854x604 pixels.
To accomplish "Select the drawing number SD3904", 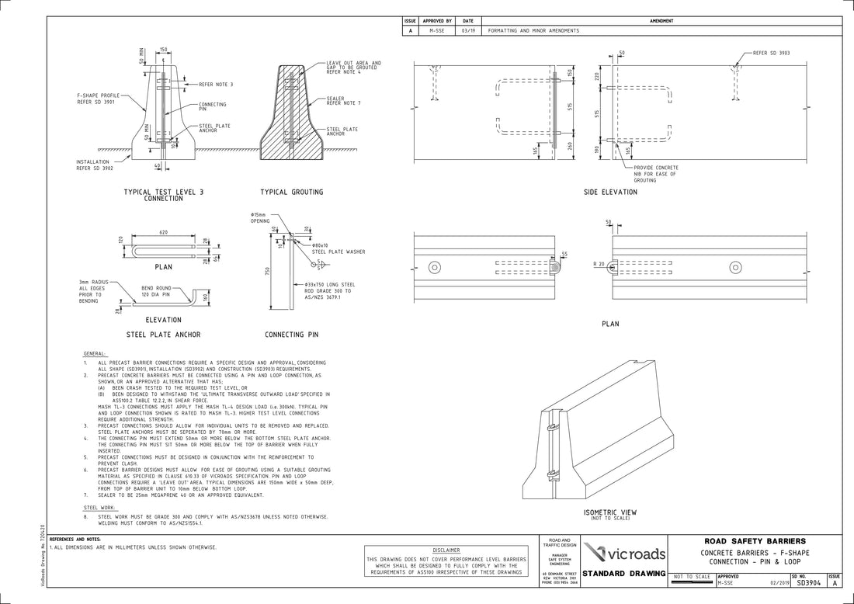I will pos(808,581).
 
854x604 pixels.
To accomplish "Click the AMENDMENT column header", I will pos(661,21).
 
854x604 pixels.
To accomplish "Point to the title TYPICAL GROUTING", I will pos(291,192).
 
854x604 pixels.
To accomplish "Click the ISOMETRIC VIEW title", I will pos(609,512).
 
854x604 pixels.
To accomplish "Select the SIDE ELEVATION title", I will pos(610,192).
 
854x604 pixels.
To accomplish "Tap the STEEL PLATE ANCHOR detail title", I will pos(163,335).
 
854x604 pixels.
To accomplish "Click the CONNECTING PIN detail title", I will pos(291,335).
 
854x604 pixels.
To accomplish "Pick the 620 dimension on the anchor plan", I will pos(164,232).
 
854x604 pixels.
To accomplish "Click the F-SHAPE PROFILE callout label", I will pos(98,99).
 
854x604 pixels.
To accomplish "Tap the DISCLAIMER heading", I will pos(446,550).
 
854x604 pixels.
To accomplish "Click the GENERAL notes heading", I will pos(95,353).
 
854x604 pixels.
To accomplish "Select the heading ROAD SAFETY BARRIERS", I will pos(755,541).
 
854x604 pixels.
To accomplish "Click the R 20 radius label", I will pos(598,265).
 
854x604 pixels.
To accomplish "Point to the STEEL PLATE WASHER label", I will pos(338,252).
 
